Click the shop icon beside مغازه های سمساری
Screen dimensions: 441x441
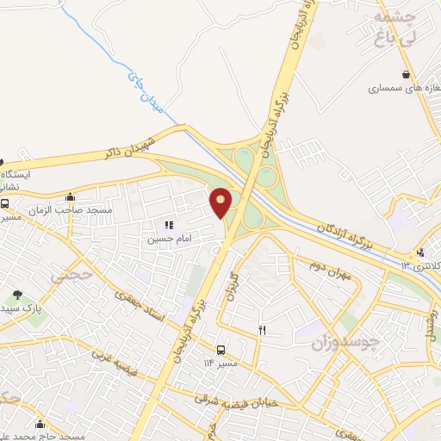(406, 74)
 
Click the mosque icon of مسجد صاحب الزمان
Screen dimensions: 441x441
(69, 196)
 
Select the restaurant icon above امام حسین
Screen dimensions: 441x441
(169, 225)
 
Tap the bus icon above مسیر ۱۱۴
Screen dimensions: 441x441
(221, 350)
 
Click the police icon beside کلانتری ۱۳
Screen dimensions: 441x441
(419, 252)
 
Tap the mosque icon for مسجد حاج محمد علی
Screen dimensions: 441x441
(40, 423)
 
